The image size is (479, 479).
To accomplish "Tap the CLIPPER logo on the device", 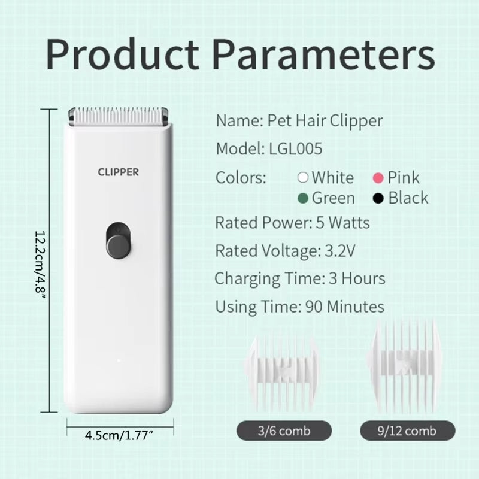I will [x=118, y=172].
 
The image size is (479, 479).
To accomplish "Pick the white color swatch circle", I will [x=303, y=178].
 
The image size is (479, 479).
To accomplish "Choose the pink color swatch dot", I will [x=378, y=178].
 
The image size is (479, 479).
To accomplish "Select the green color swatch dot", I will [x=304, y=198].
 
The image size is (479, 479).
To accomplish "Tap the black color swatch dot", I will [x=378, y=198].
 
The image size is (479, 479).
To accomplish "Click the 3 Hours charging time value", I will [x=357, y=278].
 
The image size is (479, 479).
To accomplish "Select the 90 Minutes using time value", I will [x=345, y=307].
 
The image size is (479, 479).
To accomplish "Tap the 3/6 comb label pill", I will [x=284, y=431].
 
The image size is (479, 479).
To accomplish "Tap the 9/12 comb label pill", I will [x=407, y=431].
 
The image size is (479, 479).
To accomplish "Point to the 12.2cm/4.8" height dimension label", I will [x=40, y=260].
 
